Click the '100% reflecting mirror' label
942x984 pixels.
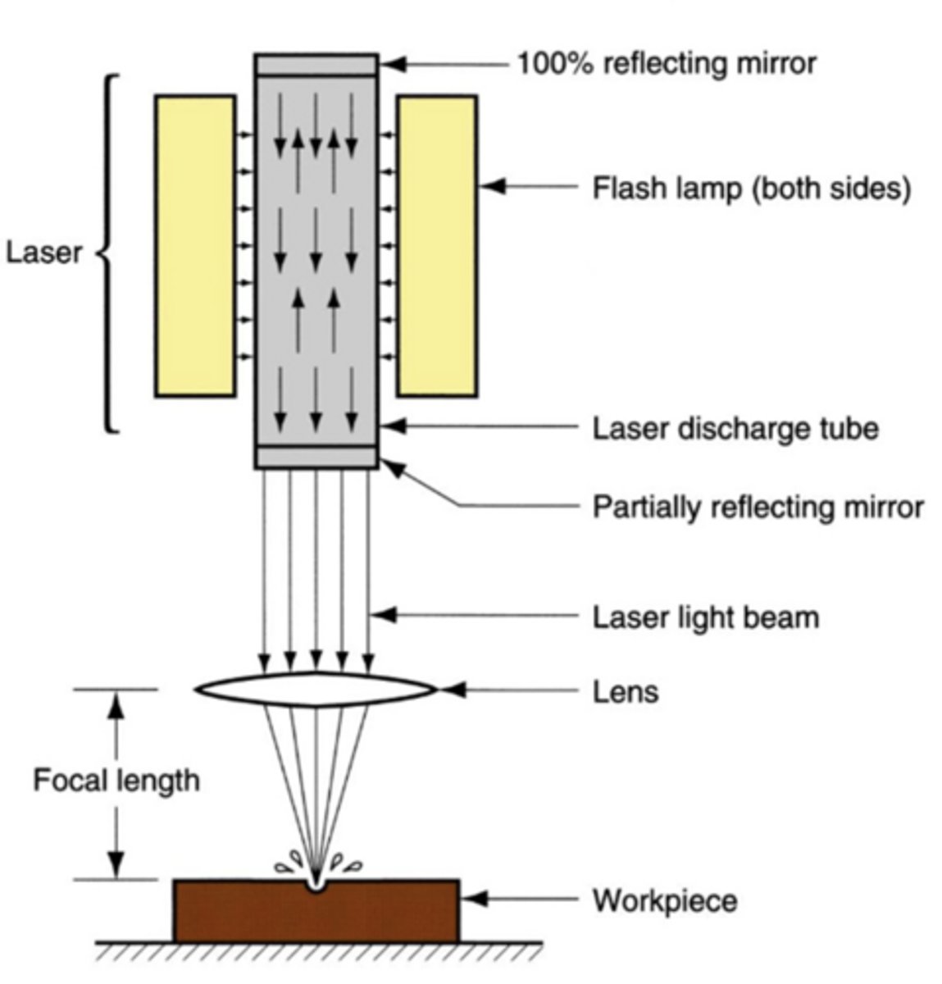tap(665, 63)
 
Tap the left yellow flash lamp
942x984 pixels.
tap(195, 246)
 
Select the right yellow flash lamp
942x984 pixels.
tap(437, 246)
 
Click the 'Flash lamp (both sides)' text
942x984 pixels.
tap(751, 189)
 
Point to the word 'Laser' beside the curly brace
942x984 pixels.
tap(44, 253)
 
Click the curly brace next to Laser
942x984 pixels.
tap(109, 253)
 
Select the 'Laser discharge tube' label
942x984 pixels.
tap(735, 428)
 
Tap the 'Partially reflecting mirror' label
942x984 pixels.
tap(758, 508)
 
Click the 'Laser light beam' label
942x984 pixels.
tap(705, 617)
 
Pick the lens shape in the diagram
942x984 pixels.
tap(316, 690)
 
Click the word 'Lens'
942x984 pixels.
tap(625, 692)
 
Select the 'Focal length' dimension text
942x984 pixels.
tap(116, 780)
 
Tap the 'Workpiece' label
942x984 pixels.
tap(664, 901)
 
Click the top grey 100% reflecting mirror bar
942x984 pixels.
tap(316, 64)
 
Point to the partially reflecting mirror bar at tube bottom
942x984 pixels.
tap(316, 457)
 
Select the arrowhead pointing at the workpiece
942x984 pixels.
tap(474, 900)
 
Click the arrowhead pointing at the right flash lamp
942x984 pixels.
tap(491, 188)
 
